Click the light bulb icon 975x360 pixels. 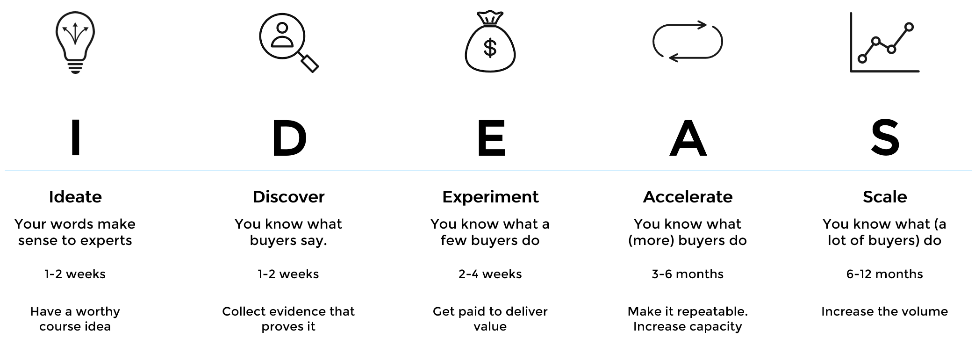75,43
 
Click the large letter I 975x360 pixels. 75,137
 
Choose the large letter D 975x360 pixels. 289,137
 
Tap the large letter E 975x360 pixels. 491,137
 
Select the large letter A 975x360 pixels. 688,137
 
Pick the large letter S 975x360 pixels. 885,137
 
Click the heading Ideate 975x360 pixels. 75,197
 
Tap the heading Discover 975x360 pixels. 289,197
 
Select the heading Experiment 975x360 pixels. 490,197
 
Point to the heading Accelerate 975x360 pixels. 688,197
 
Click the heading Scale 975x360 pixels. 885,197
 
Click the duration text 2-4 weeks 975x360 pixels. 490,274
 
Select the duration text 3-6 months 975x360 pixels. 688,274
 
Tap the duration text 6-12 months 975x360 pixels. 885,274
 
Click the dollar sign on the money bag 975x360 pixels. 490,48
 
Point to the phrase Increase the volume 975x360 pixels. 885,311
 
